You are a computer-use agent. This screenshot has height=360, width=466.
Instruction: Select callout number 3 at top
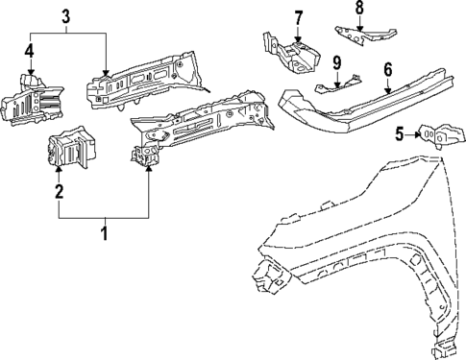click(x=65, y=16)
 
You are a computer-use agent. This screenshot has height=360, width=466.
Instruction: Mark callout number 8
click(x=359, y=9)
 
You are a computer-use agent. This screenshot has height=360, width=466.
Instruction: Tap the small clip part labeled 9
click(x=344, y=83)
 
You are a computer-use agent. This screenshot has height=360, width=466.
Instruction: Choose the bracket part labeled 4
click(x=26, y=98)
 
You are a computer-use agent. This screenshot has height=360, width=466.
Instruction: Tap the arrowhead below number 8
click(x=359, y=28)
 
